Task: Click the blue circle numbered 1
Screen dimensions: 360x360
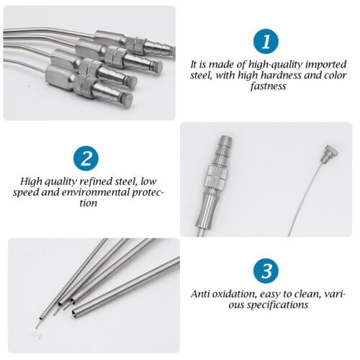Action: pyautogui.click(x=267, y=42)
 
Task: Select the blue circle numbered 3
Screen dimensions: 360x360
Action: pyautogui.click(x=266, y=271)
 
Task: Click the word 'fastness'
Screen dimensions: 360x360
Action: pyautogui.click(x=267, y=86)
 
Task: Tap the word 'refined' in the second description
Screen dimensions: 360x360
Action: pyautogui.click(x=84, y=180)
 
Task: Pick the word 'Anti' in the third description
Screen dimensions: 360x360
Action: pyautogui.click(x=202, y=294)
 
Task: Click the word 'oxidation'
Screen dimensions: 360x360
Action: pyautogui.click(x=238, y=294)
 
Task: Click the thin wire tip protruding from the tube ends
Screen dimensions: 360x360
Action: pyautogui.click(x=36, y=325)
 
